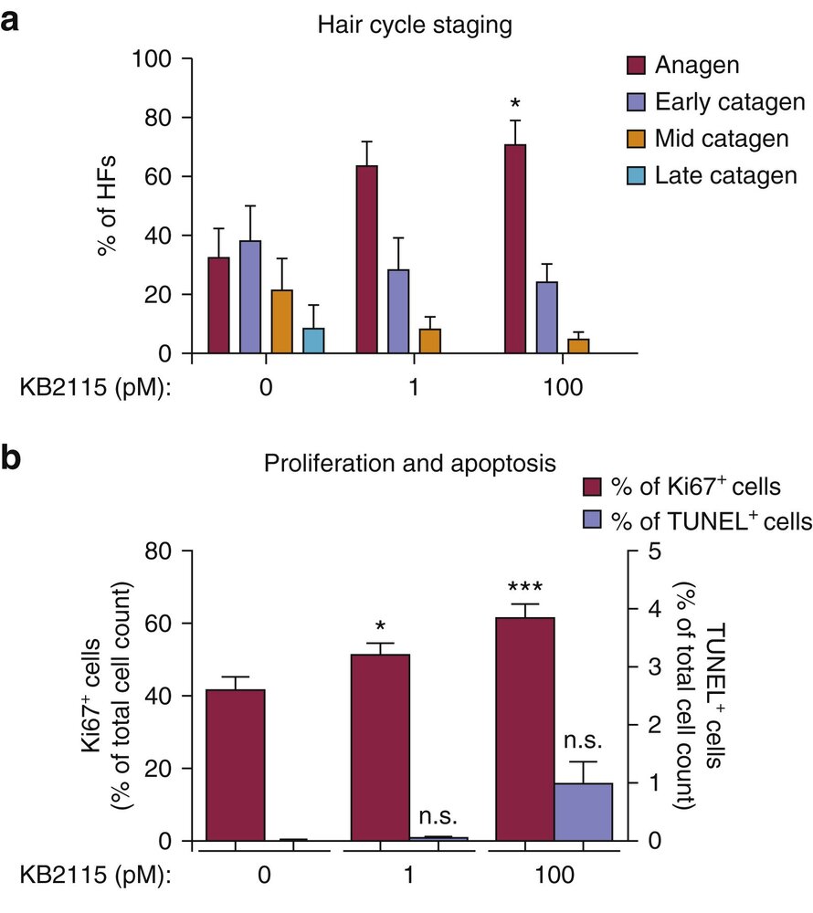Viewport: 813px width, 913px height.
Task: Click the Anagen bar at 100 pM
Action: pos(514,248)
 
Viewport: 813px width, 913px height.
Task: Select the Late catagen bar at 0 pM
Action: pos(313,341)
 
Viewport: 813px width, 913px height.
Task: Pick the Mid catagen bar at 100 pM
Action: pos(578,346)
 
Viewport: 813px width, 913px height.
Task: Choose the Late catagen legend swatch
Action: pos(637,176)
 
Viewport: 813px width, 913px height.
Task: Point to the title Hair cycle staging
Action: pos(414,26)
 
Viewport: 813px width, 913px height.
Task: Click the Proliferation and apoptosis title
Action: pos(410,464)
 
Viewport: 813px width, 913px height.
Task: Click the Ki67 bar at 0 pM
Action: pos(236,765)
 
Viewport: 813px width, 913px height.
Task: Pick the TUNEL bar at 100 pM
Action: pos(583,812)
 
